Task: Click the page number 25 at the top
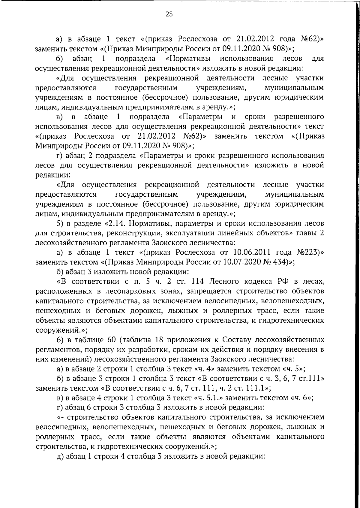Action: point(169,14)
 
